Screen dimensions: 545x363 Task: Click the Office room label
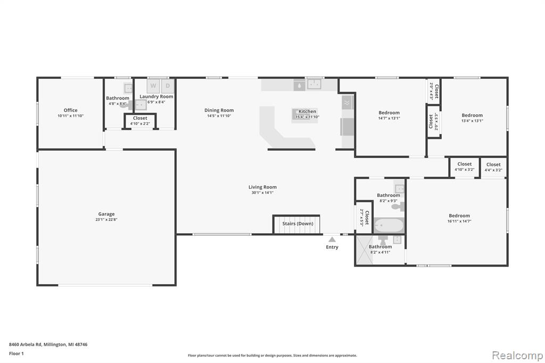71,110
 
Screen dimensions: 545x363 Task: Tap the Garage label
106,214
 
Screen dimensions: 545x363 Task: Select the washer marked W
153,86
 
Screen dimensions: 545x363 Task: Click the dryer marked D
168,86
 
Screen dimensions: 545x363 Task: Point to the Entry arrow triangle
332,240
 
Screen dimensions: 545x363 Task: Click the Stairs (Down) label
298,224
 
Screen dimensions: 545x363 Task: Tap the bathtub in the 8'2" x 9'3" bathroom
389,226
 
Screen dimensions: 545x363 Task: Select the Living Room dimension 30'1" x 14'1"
263,193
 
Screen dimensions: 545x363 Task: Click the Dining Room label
219,110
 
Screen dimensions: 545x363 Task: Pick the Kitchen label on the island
308,111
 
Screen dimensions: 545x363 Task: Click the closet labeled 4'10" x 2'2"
140,121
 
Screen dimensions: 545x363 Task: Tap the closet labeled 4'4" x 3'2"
493,168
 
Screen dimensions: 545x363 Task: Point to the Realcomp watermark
517,356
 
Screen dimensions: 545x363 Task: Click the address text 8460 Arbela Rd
26,344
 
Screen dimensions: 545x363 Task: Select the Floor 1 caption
16,353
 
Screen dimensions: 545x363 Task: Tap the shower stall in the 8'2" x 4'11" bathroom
364,250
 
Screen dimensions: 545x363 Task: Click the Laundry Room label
156,97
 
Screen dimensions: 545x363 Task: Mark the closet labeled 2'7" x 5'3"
364,217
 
